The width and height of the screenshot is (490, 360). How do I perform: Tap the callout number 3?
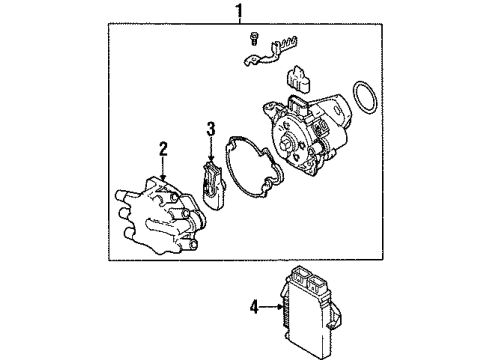point(210,127)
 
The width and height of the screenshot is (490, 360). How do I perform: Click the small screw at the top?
point(254,41)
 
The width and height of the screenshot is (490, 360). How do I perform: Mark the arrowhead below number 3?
point(210,160)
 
